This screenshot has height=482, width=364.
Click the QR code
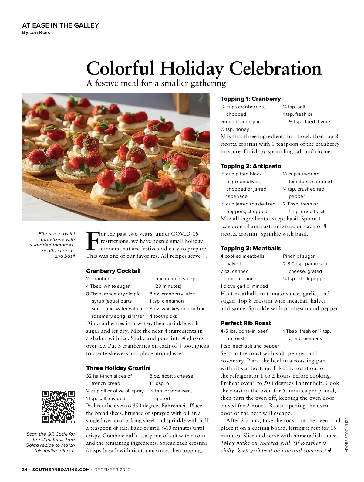pos(58,406)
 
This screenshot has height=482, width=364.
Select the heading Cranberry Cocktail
pos(113,271)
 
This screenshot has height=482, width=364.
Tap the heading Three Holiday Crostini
pos(118,368)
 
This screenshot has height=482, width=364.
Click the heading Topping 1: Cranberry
pos(251,99)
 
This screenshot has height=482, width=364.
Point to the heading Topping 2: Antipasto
pos(251,166)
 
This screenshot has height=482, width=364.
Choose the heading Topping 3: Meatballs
pos(251,248)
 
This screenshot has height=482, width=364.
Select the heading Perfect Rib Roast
pos(246,323)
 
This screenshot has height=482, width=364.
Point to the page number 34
pos(25,470)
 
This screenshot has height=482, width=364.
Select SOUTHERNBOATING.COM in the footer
pos(61,470)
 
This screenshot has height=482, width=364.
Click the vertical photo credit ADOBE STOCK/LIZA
pos(347,435)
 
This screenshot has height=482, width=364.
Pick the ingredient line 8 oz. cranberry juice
pos(172,294)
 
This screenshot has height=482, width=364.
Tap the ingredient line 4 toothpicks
pos(163,316)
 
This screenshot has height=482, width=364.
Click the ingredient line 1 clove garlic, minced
pos(244,286)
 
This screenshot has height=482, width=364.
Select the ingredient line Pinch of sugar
pos(298,256)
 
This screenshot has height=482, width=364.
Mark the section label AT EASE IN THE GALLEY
pos(60,25)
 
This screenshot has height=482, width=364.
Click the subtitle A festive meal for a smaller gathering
pos(156,83)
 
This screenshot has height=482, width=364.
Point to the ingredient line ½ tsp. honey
pos(234,129)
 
